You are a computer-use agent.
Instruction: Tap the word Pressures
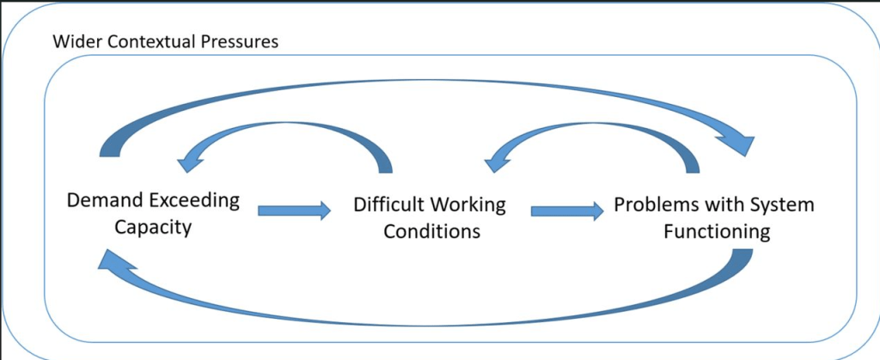[239, 41]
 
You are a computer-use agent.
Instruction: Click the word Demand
[101, 203]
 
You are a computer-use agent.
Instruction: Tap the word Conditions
[431, 232]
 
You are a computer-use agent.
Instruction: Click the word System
[777, 205]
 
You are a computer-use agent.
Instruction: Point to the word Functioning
[717, 232]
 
